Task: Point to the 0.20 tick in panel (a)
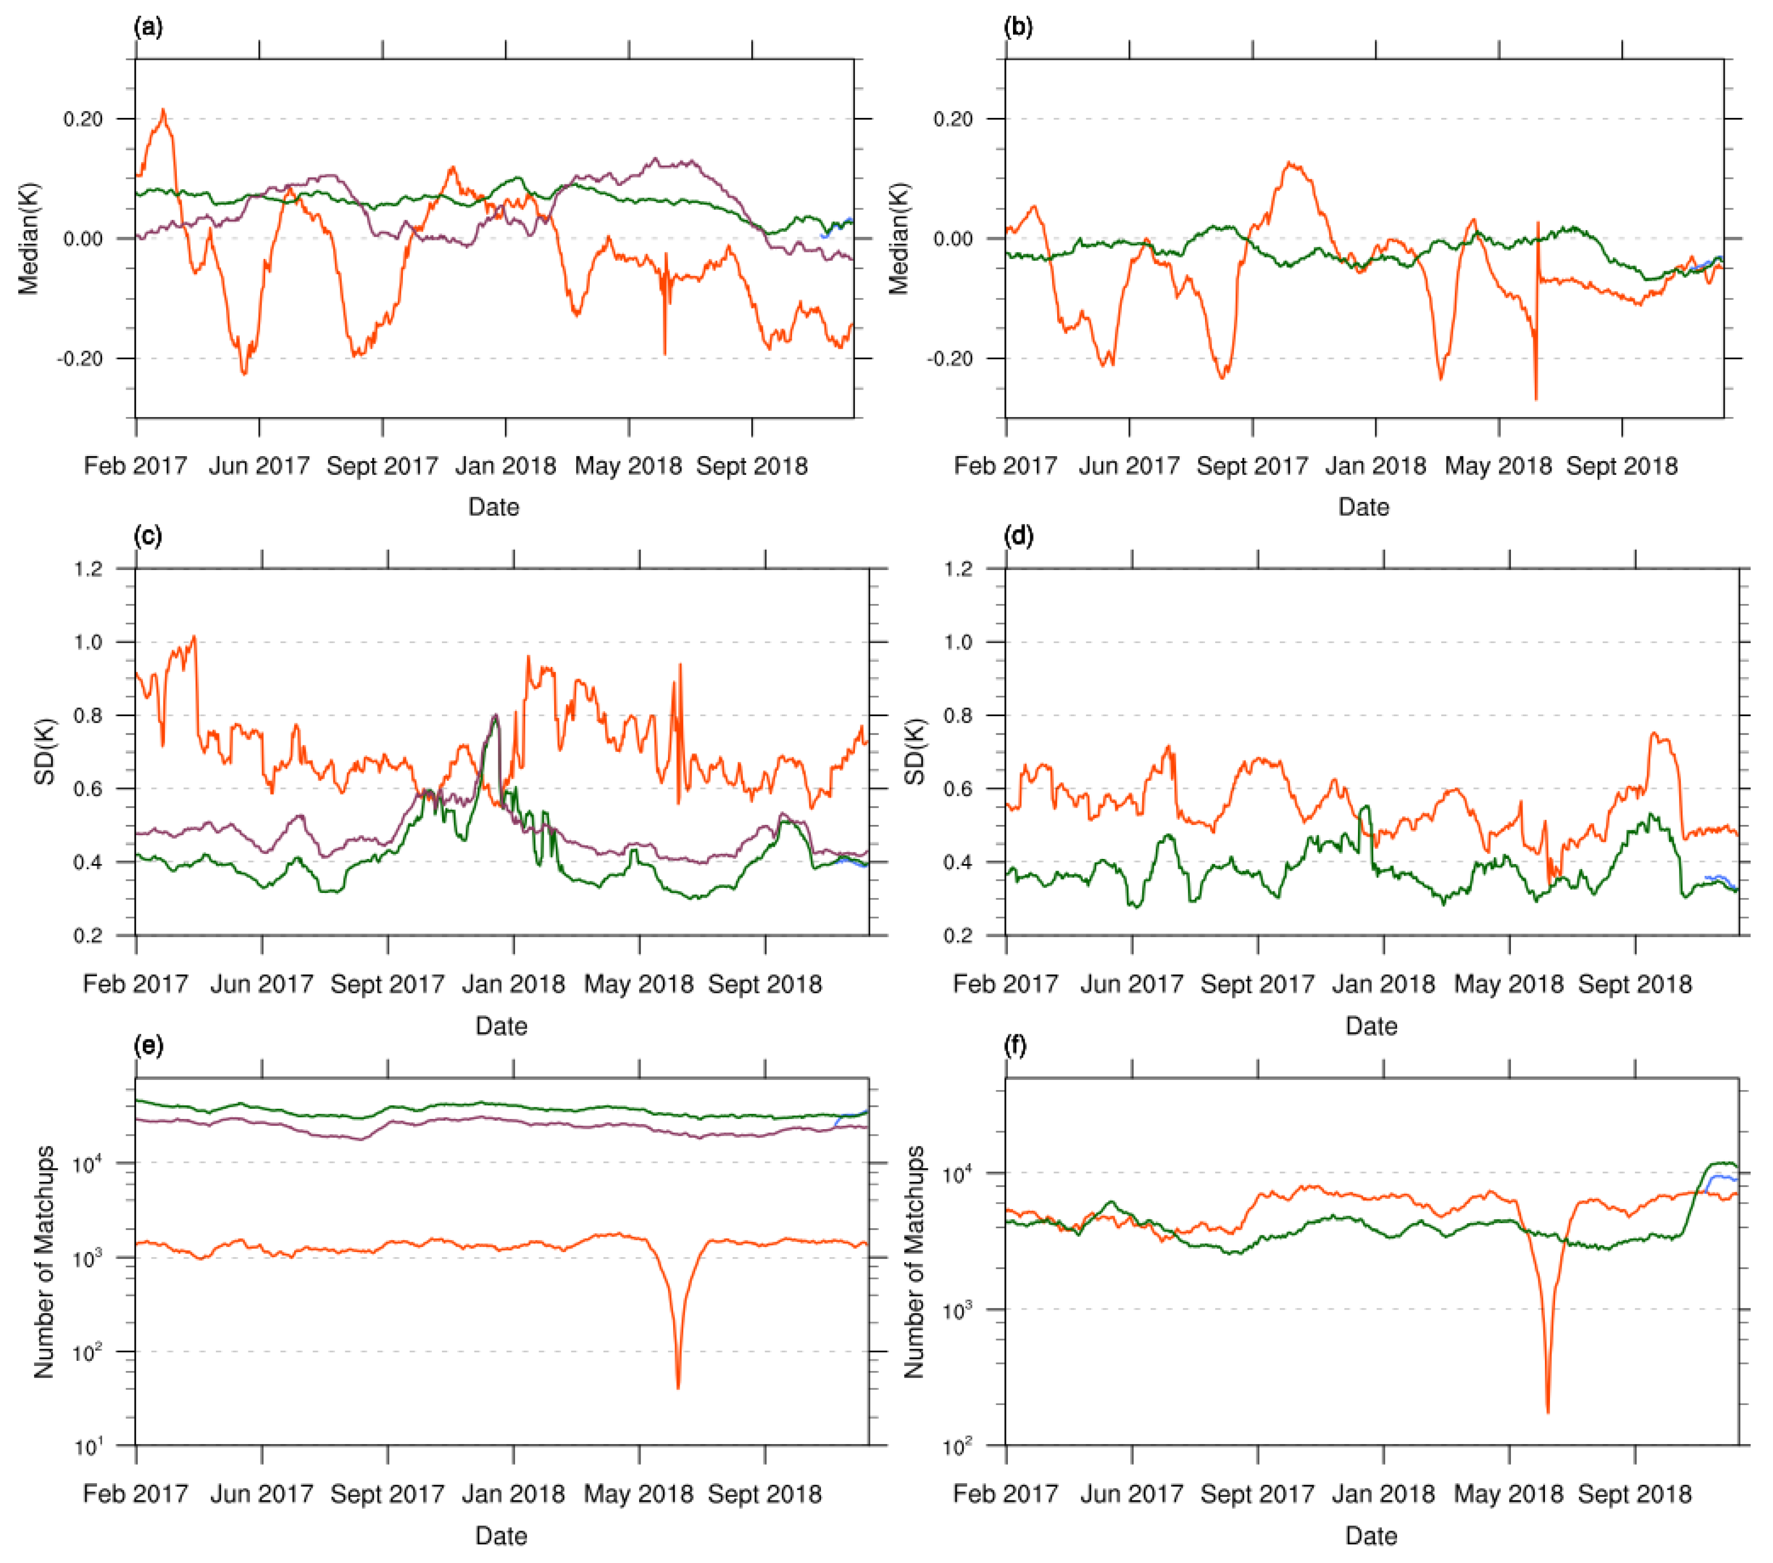click(x=83, y=119)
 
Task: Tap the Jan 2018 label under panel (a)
click(x=505, y=466)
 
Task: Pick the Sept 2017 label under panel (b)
click(x=1252, y=466)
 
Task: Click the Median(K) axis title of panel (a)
click(x=28, y=239)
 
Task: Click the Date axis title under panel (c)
click(x=501, y=1026)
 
